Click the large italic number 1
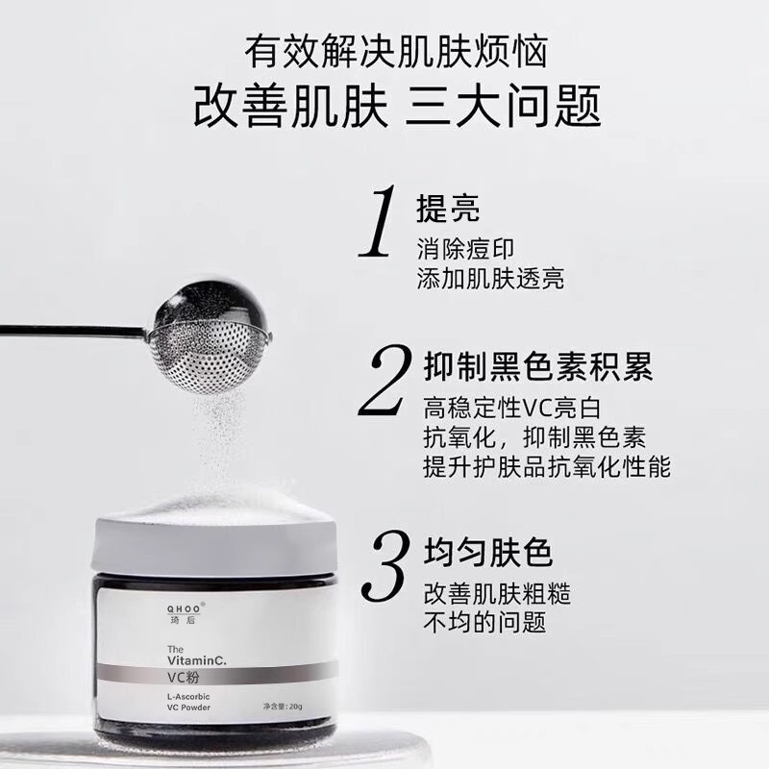379,221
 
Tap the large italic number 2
385,380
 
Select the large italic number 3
385,565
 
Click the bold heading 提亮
448,208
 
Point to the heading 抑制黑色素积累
538,366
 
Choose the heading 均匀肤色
488,553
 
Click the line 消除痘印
465,249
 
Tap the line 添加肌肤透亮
490,278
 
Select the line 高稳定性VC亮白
512,408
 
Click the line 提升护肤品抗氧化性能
547,466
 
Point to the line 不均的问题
484,622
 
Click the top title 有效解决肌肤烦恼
396,52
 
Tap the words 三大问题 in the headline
503,106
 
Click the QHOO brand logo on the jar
185,609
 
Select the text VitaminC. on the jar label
197,660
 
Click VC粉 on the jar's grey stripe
184,678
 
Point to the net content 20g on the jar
296,707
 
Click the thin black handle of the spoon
74,331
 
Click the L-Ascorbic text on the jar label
188,696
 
